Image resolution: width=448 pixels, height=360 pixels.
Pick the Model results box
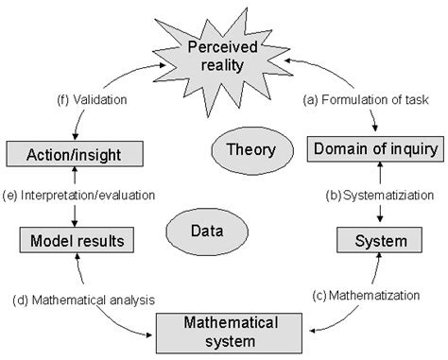pyautogui.click(x=76, y=239)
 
